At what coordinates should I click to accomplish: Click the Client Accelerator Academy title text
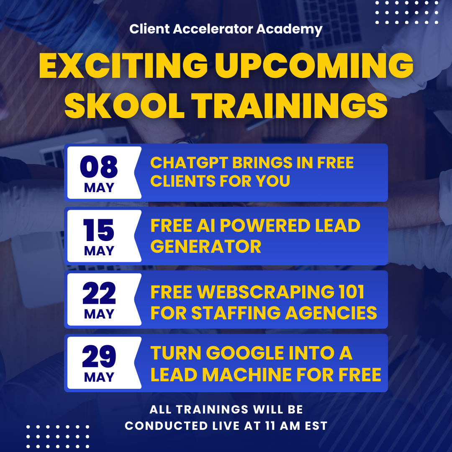(x=226, y=29)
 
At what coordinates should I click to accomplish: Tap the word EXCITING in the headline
(x=123, y=66)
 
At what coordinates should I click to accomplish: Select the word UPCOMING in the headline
(x=314, y=66)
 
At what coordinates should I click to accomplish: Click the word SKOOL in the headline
(x=124, y=105)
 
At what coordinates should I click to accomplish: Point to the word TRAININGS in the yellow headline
(x=290, y=105)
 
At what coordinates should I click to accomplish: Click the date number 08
(x=99, y=167)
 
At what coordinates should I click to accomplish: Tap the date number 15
(x=99, y=230)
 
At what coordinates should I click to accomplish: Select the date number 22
(x=99, y=293)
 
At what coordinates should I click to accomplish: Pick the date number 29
(x=99, y=356)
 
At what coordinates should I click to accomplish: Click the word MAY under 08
(x=99, y=187)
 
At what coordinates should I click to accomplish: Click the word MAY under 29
(x=99, y=377)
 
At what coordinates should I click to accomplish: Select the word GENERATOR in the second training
(x=206, y=247)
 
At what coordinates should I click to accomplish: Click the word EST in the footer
(x=316, y=426)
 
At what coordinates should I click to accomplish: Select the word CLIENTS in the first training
(x=183, y=181)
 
